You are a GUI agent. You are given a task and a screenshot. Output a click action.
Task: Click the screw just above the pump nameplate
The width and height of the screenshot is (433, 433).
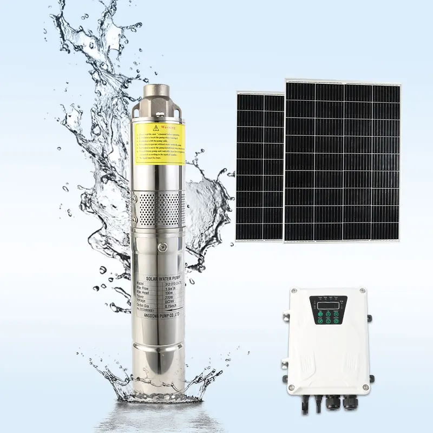point(160,247)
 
